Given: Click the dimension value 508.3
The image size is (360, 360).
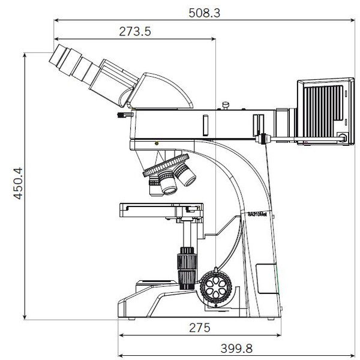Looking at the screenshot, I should pos(203,11).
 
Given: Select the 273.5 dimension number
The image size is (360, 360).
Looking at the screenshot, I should pos(134,32).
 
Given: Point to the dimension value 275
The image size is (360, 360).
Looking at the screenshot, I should pos(199,328).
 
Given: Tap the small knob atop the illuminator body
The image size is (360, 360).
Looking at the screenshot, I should pos(226,106).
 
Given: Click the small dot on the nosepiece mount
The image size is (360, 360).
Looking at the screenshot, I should pos(157,144).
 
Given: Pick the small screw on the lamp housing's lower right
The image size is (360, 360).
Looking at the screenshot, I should pos(342,137).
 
